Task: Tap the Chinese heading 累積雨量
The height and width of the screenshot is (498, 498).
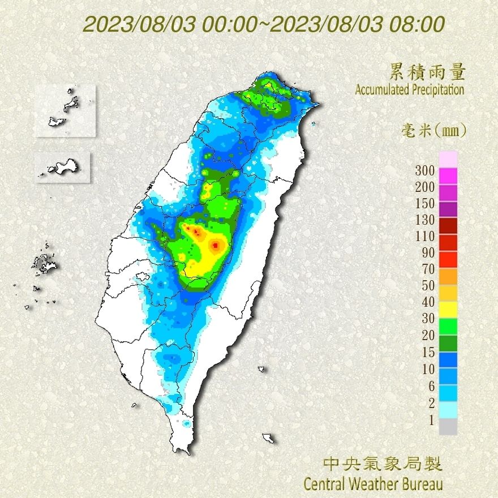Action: [x=427, y=72]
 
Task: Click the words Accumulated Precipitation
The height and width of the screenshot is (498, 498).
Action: [x=410, y=89]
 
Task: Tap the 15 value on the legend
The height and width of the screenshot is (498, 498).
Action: [x=428, y=353]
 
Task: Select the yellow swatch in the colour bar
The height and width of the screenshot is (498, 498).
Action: [x=448, y=309]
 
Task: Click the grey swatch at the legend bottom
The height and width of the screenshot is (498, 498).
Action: [x=448, y=427]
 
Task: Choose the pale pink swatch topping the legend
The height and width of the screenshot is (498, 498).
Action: [x=448, y=159]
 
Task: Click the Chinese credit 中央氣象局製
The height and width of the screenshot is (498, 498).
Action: [x=383, y=465]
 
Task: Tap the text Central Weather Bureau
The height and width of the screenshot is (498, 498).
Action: [x=373, y=484]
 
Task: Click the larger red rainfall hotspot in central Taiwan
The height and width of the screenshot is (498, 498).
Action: [x=216, y=245]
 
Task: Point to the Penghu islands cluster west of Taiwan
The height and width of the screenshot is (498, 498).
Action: [x=42, y=264]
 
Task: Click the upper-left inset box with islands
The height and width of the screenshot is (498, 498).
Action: [x=65, y=110]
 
